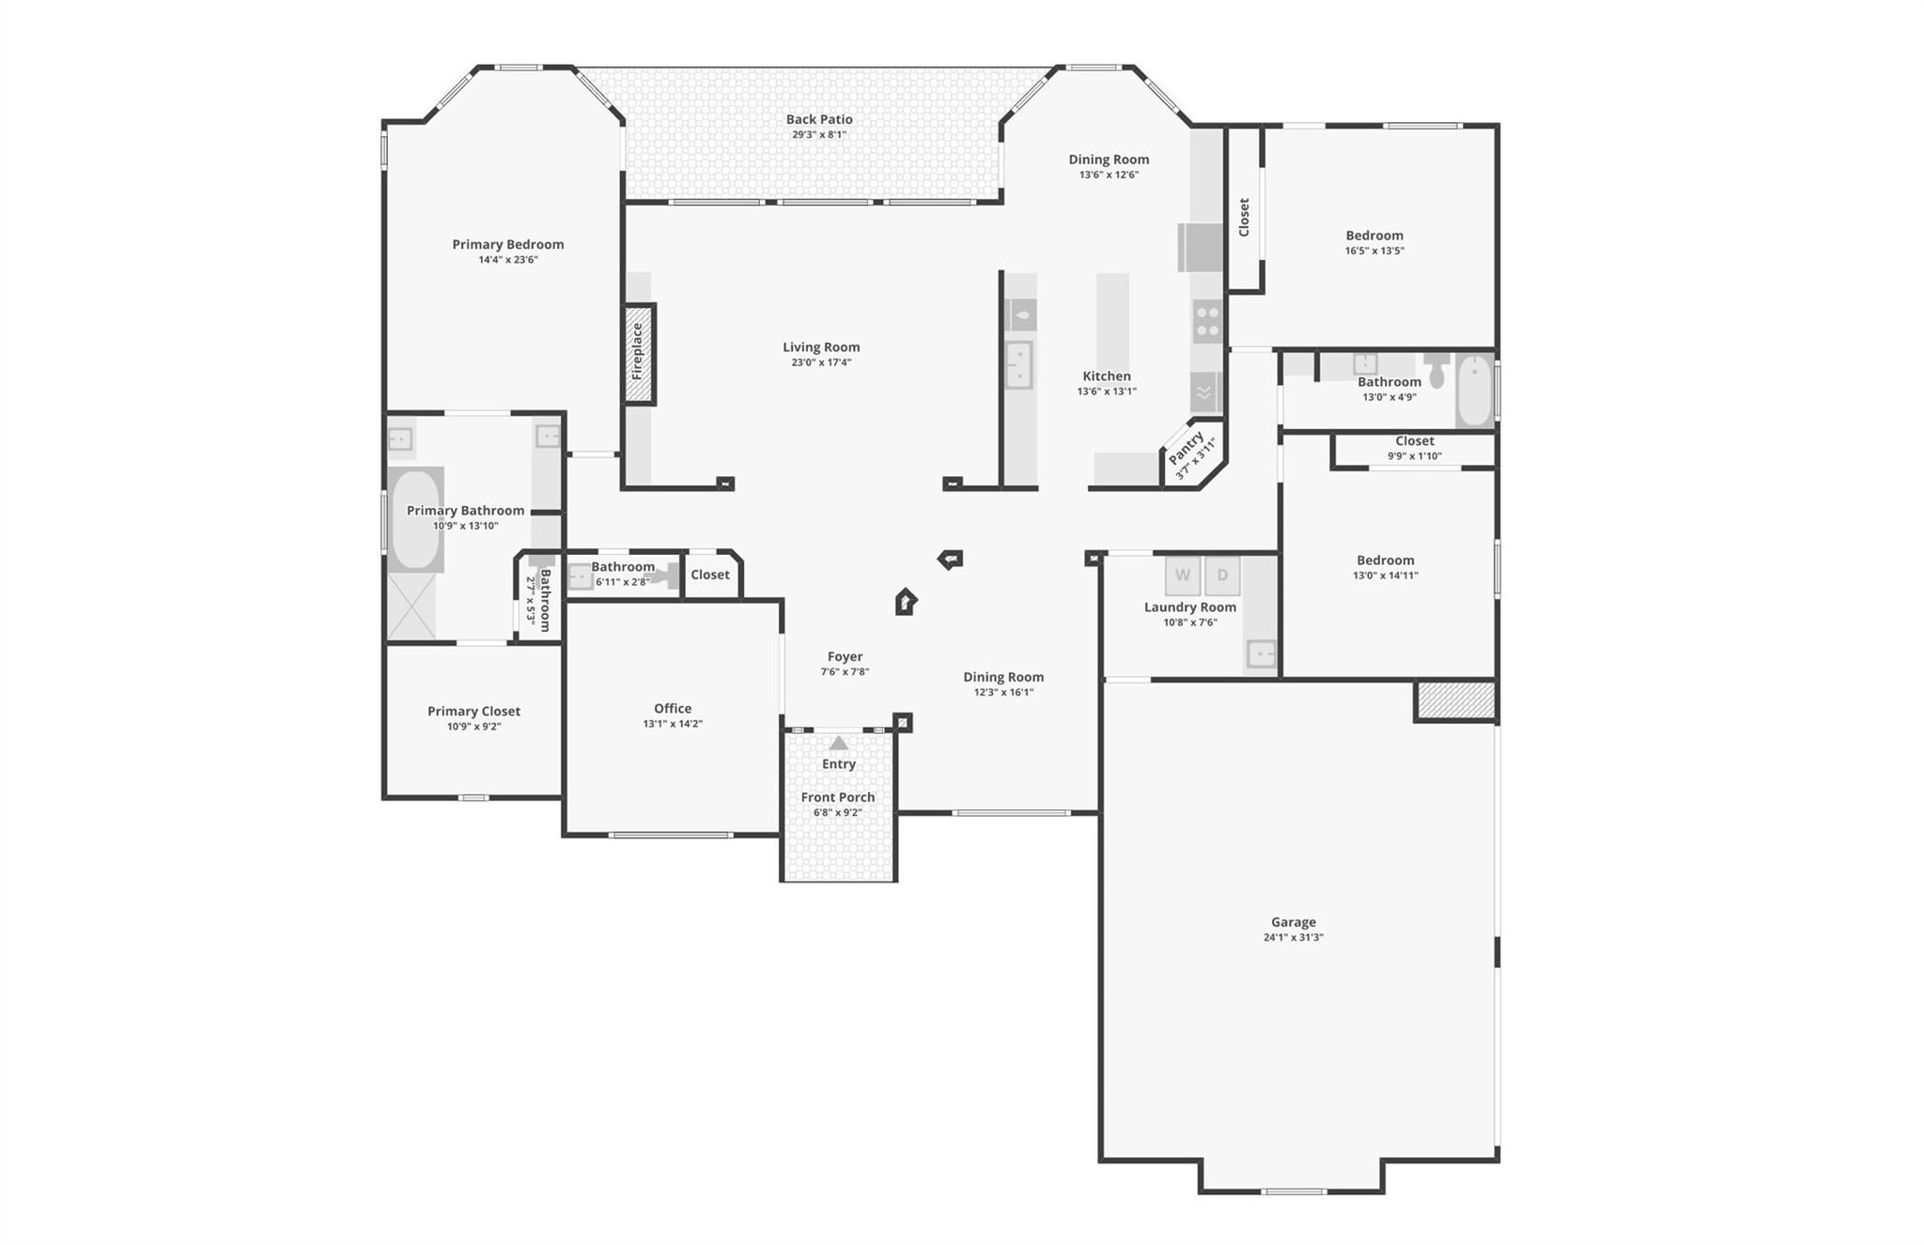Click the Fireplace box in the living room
click(x=639, y=354)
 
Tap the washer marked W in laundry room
click(x=1183, y=576)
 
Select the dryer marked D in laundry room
click(x=1222, y=576)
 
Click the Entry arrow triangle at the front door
click(x=839, y=744)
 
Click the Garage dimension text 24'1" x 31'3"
click(x=1293, y=937)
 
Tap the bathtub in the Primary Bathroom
click(x=414, y=519)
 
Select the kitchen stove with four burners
click(x=1207, y=321)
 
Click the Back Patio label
click(x=819, y=119)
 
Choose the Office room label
click(x=673, y=709)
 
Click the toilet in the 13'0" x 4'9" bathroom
click(x=1435, y=371)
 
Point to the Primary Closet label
click(x=473, y=712)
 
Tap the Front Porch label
click(x=838, y=797)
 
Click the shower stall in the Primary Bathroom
click(x=412, y=607)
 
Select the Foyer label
click(x=845, y=657)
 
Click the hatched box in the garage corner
click(x=1455, y=700)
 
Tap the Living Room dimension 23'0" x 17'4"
click(x=821, y=362)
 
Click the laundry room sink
click(x=1260, y=652)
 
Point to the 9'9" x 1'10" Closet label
click(x=1414, y=441)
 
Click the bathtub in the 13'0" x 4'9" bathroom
click(x=1474, y=391)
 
